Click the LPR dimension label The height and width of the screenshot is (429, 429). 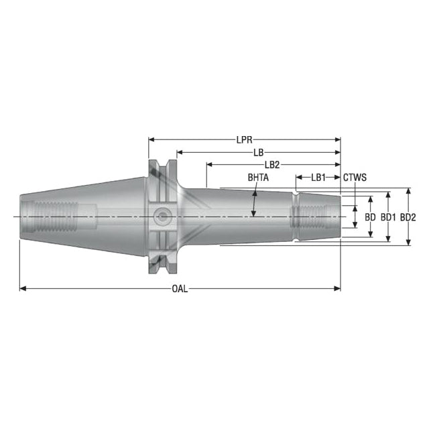[244, 140]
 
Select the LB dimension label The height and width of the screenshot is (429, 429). [258, 152]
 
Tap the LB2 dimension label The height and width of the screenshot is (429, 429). [272, 165]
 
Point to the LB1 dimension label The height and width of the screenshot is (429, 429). [318, 178]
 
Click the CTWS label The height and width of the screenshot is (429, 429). [355, 178]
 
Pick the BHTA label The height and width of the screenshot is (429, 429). [258, 178]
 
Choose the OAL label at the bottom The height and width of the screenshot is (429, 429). [180, 289]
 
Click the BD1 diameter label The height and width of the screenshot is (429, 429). [388, 217]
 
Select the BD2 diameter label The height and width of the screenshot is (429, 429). [408, 217]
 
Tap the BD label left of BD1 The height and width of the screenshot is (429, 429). [370, 217]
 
